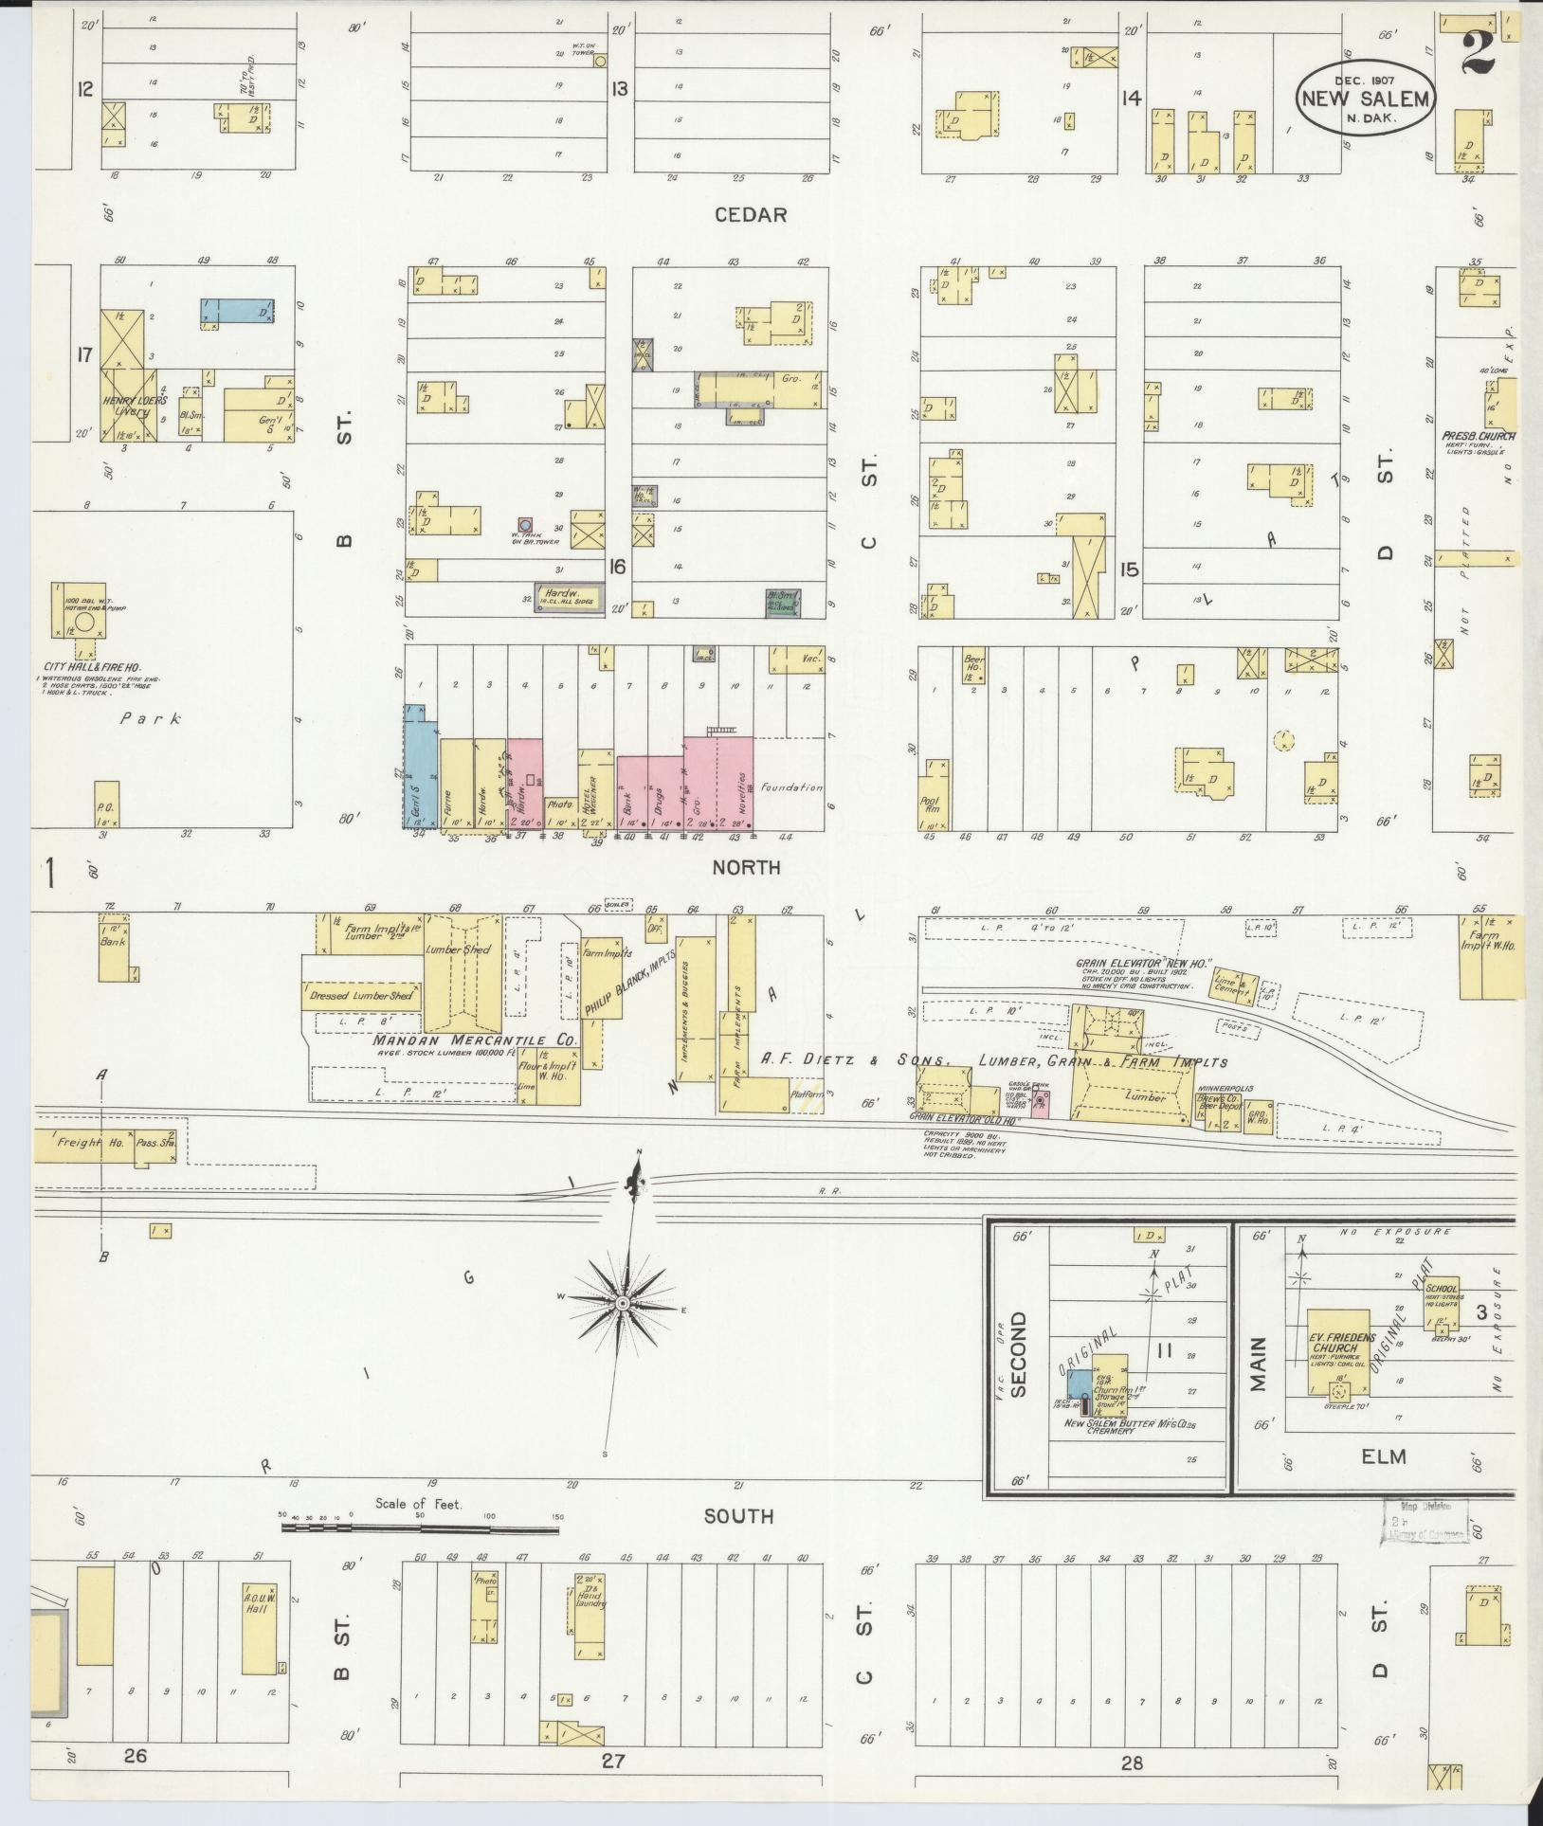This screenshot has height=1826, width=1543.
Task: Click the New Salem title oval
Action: [1366, 99]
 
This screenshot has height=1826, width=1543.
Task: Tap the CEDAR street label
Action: [752, 215]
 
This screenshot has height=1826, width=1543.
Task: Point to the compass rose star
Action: [623, 1305]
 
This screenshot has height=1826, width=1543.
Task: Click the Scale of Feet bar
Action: [421, 1529]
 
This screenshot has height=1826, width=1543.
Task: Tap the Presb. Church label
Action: [1478, 437]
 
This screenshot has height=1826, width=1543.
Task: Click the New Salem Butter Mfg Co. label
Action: [1124, 1424]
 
